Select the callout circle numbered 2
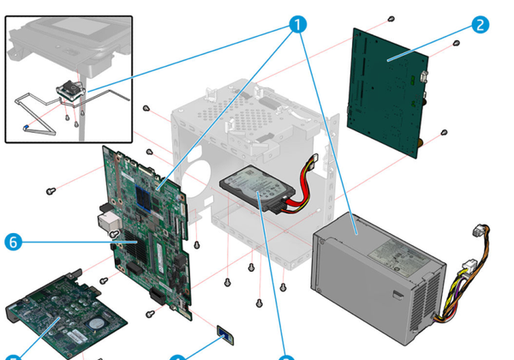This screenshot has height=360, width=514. [x=480, y=24]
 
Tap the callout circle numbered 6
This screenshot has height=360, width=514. [x=13, y=243]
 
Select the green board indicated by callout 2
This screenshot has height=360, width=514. [x=390, y=90]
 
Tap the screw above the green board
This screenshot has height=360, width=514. [x=391, y=18]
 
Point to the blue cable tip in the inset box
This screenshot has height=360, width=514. [x=27, y=128]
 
